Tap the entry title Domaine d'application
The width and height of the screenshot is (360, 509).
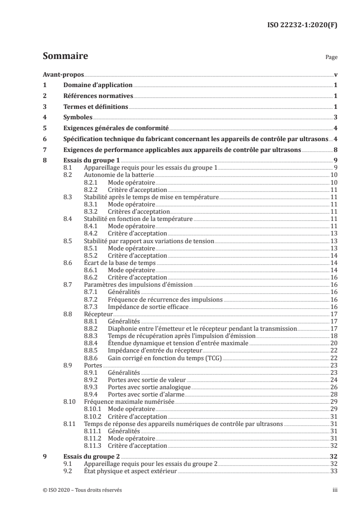point(98,85)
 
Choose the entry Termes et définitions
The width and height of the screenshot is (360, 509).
point(95,107)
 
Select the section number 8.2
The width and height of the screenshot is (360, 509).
point(68,175)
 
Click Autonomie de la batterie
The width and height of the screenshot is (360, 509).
point(114,175)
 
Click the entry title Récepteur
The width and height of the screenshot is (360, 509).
point(99,313)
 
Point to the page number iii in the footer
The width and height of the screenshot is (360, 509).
point(335,490)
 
